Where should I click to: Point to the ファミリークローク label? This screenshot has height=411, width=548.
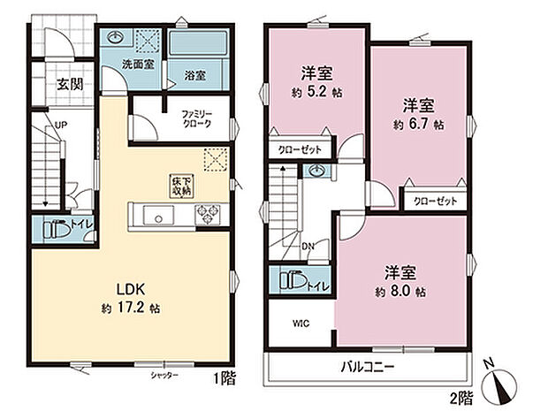(198, 119)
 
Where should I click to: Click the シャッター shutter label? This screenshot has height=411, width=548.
(164, 377)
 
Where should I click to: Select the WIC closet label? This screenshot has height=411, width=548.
(301, 323)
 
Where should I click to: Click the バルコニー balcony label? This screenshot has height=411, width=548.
(369, 366)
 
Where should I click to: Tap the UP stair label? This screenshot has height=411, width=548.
(60, 126)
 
